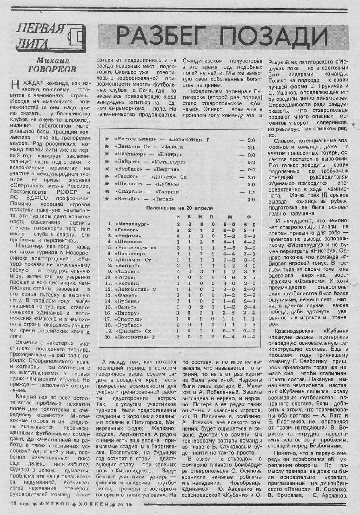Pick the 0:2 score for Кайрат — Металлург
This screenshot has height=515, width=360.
(x=251, y=162)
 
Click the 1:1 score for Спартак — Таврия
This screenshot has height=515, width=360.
(x=251, y=192)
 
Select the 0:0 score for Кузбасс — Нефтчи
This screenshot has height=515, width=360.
(x=251, y=169)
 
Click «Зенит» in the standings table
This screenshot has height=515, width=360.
(x=125, y=307)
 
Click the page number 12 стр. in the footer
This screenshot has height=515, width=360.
(x=17, y=503)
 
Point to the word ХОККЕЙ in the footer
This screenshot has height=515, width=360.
(x=93, y=503)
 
